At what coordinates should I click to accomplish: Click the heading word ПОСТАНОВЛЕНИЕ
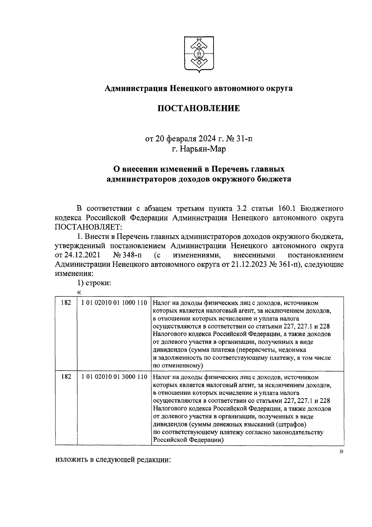click(x=199, y=108)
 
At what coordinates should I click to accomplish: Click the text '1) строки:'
click(x=94, y=283)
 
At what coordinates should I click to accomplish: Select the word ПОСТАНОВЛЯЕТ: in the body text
click(x=88, y=227)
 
